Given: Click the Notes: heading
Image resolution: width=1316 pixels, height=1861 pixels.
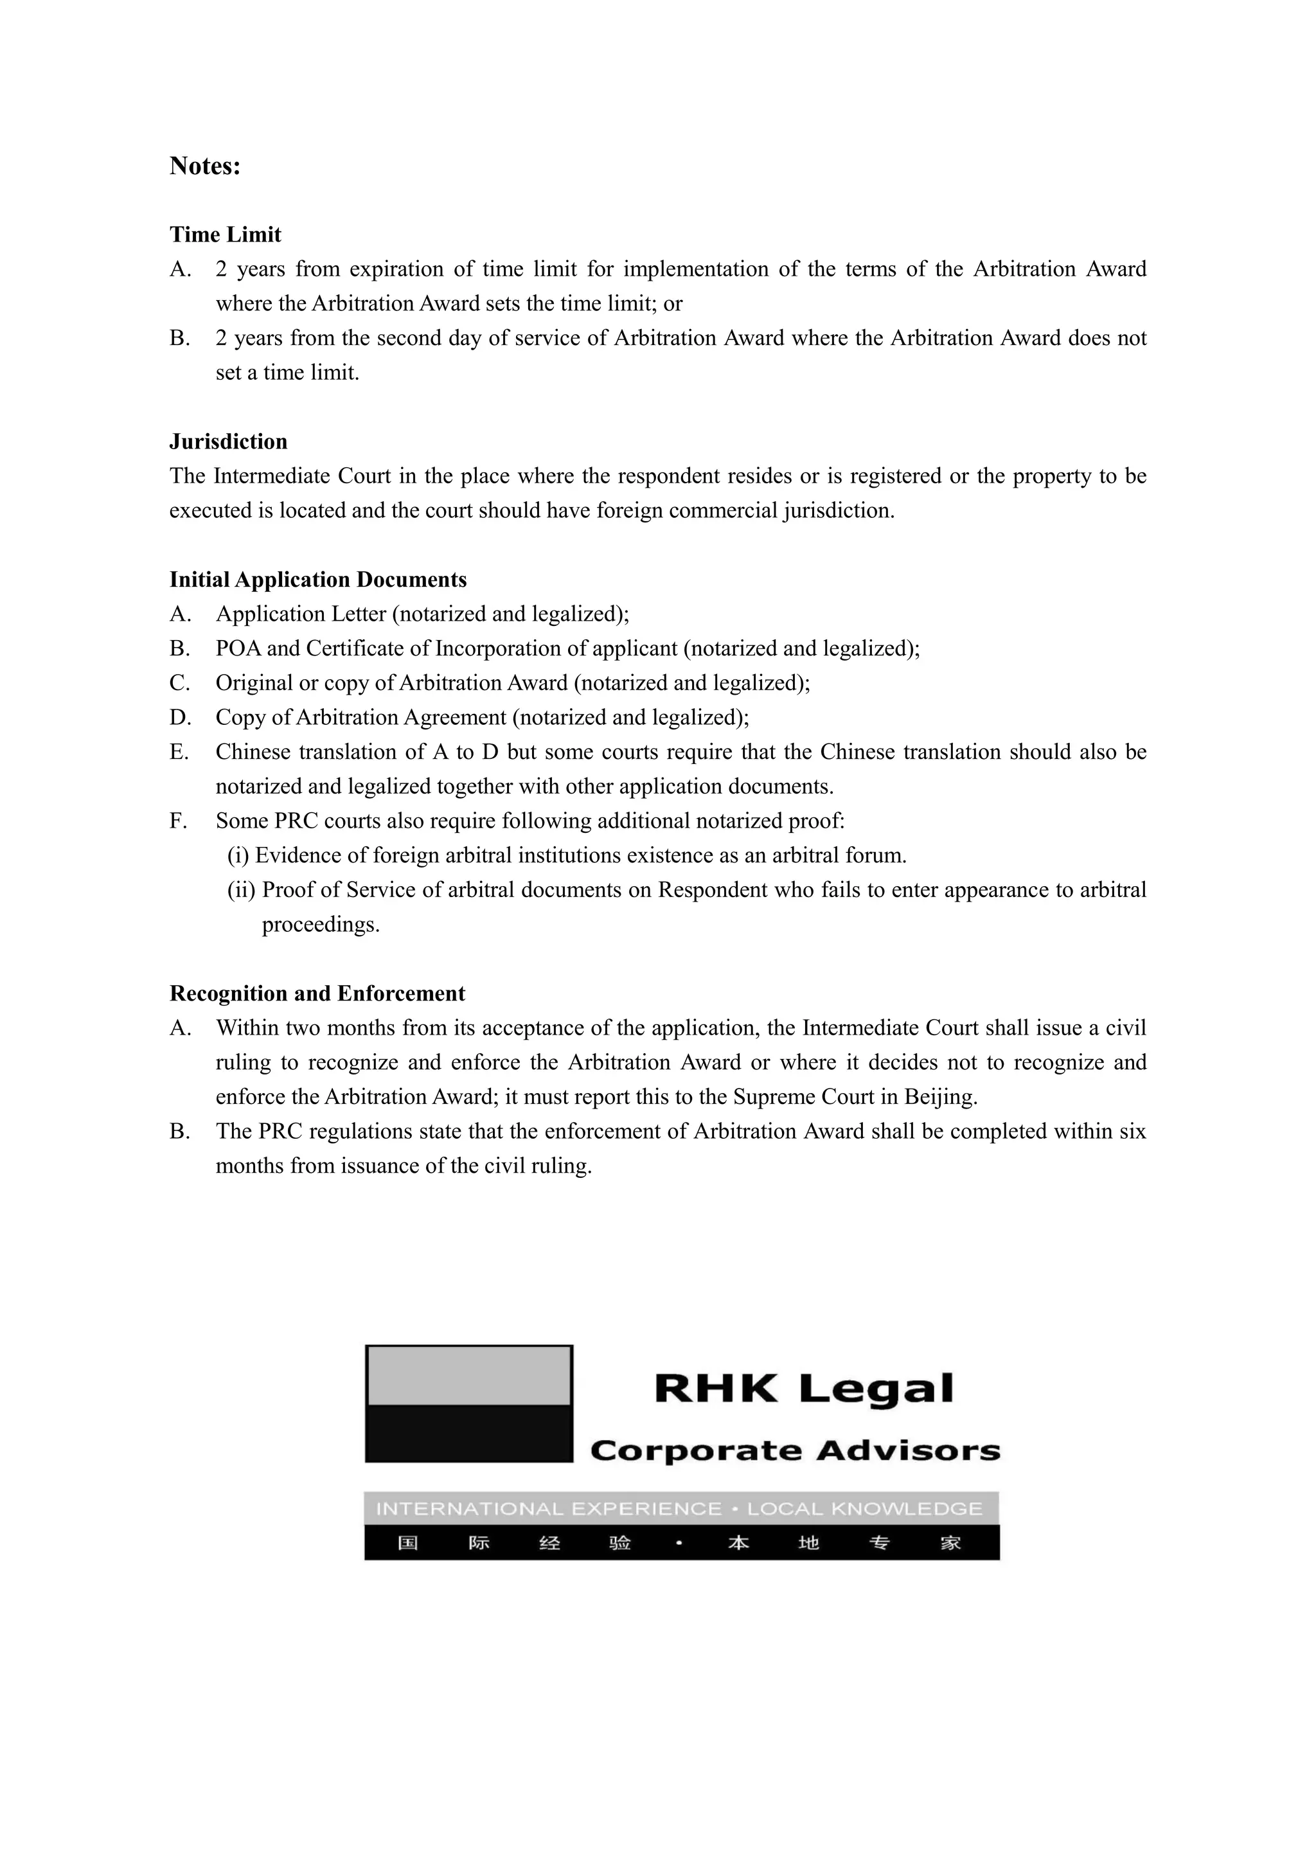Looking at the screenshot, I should (205, 166).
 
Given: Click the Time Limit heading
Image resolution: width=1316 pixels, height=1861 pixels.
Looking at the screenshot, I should (226, 235).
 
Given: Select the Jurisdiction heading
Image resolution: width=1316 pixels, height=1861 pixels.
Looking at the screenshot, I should (229, 441).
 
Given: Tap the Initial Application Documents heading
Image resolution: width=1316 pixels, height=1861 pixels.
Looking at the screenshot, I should (317, 580).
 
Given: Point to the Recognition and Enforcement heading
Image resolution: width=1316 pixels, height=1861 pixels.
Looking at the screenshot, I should (317, 993).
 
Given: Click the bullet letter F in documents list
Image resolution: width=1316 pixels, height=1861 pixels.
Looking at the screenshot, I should (177, 821).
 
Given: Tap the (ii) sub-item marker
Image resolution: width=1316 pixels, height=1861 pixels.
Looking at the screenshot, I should (241, 890).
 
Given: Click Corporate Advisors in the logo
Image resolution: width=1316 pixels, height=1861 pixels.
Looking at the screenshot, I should (795, 1450).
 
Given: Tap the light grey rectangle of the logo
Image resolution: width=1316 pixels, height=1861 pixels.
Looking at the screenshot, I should (469, 1375).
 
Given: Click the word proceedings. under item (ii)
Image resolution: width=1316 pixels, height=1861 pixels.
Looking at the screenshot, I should (320, 925).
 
